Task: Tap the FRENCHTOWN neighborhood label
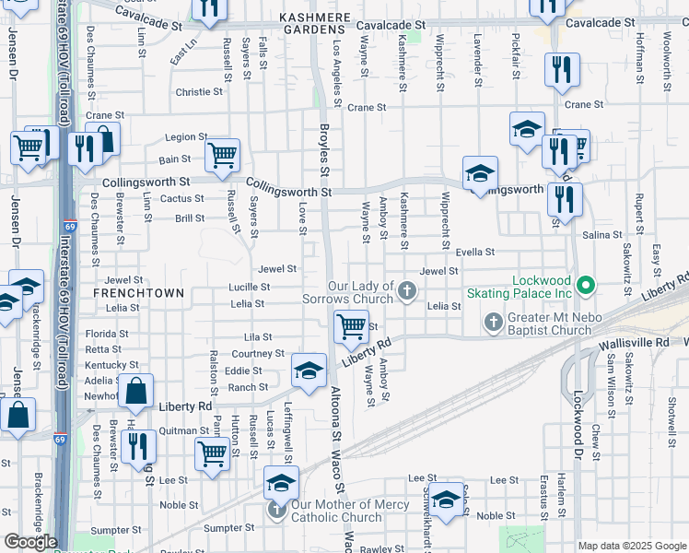(139, 292)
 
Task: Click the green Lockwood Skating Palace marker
(586, 287)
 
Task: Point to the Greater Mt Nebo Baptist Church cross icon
(494, 323)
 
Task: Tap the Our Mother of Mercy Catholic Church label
(336, 511)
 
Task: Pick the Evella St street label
(475, 252)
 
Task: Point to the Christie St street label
(199, 92)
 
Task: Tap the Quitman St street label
(184, 430)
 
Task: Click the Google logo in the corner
(30, 542)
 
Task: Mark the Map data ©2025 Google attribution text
(631, 546)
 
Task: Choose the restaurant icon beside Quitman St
(138, 447)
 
